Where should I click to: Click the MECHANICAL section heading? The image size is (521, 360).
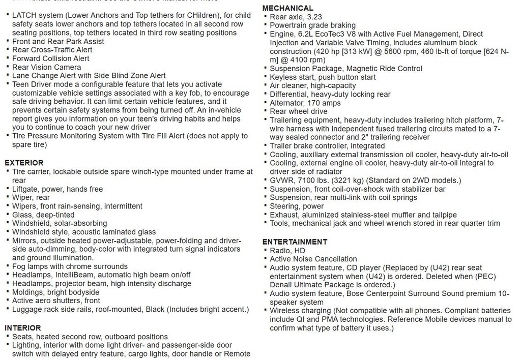tap(287, 8)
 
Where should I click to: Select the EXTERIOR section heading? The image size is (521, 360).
tap(24, 163)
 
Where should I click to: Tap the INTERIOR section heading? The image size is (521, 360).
tap(23, 328)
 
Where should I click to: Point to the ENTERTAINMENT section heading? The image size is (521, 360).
tap(295, 242)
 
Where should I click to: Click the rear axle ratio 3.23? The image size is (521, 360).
tap(313, 17)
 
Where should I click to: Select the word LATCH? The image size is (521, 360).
tap(24, 15)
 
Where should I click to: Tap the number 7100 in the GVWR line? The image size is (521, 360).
tap(305, 180)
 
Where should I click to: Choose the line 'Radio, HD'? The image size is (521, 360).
tap(287, 250)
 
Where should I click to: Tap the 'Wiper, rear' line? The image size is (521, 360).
tap(31, 197)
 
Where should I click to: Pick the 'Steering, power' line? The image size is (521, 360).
tap(297, 206)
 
